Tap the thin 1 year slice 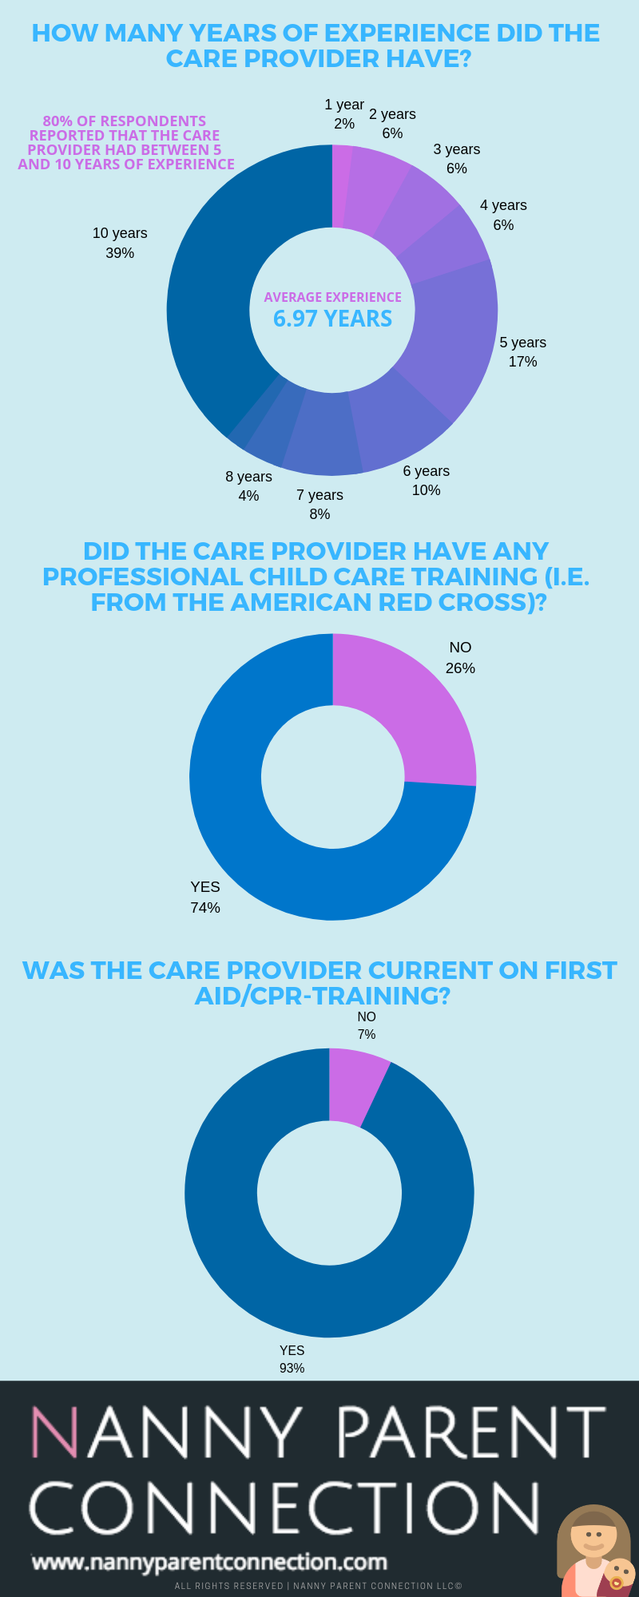(341, 185)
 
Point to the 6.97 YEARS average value (332, 319)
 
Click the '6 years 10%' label (426, 481)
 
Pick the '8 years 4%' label (248, 486)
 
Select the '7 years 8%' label (319, 505)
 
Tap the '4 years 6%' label (503, 215)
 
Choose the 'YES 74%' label (205, 898)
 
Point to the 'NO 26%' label (460, 658)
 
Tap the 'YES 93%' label (292, 1359)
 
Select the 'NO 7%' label (367, 1025)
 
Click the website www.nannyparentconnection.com (209, 1562)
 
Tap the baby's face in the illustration (619, 1572)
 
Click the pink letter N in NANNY (54, 1433)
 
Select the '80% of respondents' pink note (125, 143)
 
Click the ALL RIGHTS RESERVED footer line (319, 1586)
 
